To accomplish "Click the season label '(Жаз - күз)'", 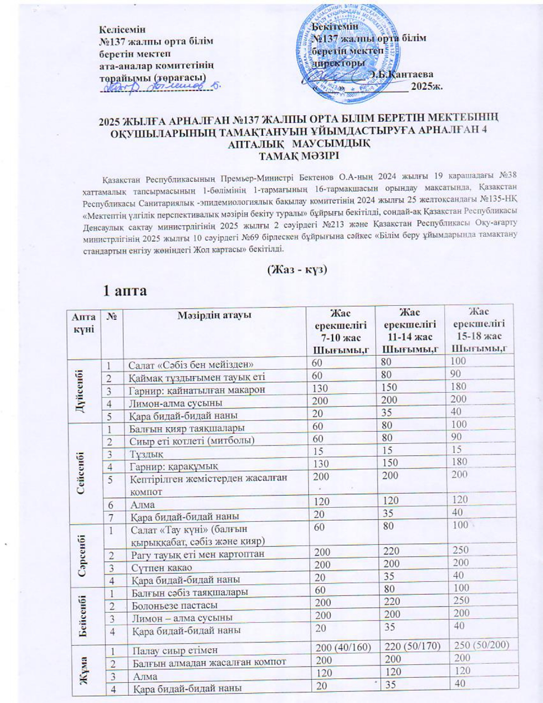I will click(297, 270).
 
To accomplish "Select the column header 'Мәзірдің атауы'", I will click(215, 316).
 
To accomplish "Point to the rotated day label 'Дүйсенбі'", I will click(80, 390).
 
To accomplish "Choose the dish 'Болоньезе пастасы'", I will click(175, 605).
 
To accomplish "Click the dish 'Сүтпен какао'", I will click(162, 568).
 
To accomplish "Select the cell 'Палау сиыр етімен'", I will click(175, 650).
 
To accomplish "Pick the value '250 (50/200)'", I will click(482, 645).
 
